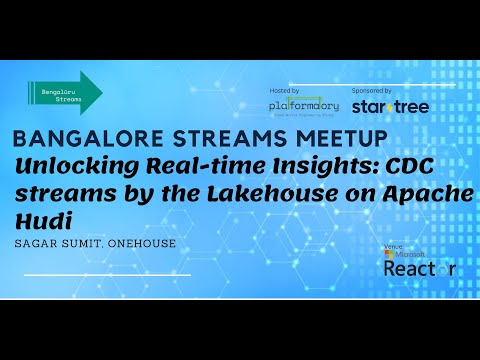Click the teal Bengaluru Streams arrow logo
(x=65, y=93)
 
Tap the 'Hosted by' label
(x=284, y=90)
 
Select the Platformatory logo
(x=304, y=105)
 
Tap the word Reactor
(x=411, y=269)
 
